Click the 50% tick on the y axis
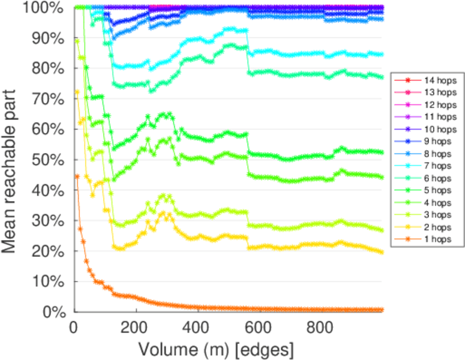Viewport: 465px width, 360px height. click(x=53, y=160)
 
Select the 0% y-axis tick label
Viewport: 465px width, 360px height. click(x=58, y=312)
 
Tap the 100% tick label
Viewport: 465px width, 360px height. click(x=49, y=8)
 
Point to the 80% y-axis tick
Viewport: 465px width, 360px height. click(x=53, y=68)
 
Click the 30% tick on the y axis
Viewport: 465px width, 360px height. click(x=53, y=221)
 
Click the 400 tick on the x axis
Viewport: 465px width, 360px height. click(x=198, y=327)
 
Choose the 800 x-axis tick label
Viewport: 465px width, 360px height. click(x=320, y=327)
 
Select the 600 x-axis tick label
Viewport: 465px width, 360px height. click(x=259, y=327)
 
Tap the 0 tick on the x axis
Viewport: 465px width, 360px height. click(x=74, y=327)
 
